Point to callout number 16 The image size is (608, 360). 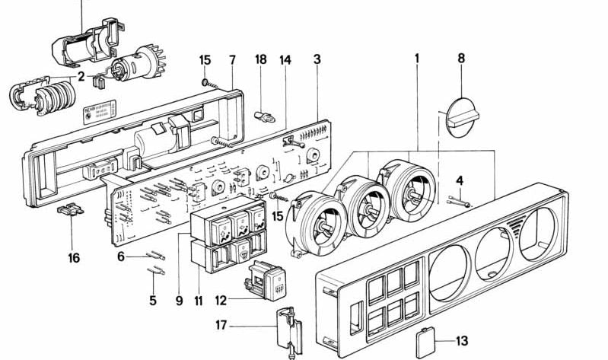pyautogui.click(x=73, y=258)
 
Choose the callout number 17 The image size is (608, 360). pyautogui.click(x=221, y=326)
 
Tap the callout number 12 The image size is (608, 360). pyautogui.click(x=220, y=301)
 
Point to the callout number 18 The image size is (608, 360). pyautogui.click(x=260, y=59)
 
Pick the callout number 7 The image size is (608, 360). pyautogui.click(x=233, y=59)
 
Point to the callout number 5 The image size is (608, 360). pyautogui.click(x=152, y=300)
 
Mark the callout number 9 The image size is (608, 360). pyautogui.click(x=179, y=300)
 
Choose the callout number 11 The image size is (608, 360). pyautogui.click(x=198, y=300)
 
